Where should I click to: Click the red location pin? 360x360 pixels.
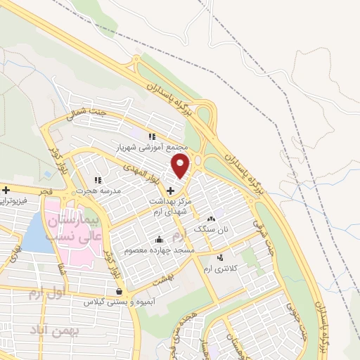click(181, 166)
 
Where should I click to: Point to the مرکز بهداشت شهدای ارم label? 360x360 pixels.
click(169, 205)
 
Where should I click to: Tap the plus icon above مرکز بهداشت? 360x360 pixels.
click(169, 190)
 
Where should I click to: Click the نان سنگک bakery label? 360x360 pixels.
click(212, 229)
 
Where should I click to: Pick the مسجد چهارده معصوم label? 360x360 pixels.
click(159, 250)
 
